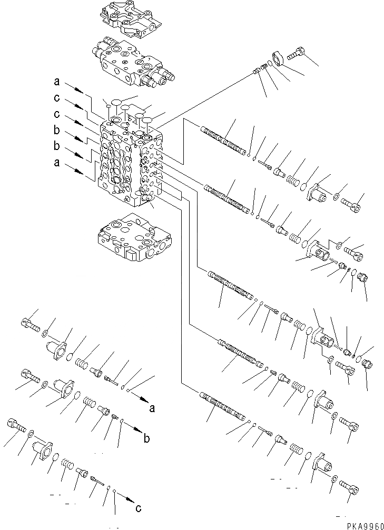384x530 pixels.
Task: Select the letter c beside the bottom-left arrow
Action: [x=139, y=508]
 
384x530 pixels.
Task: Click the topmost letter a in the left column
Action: [x=56, y=82]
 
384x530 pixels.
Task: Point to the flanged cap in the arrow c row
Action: [x=42, y=451]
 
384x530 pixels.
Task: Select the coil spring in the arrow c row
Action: [x=67, y=464]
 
